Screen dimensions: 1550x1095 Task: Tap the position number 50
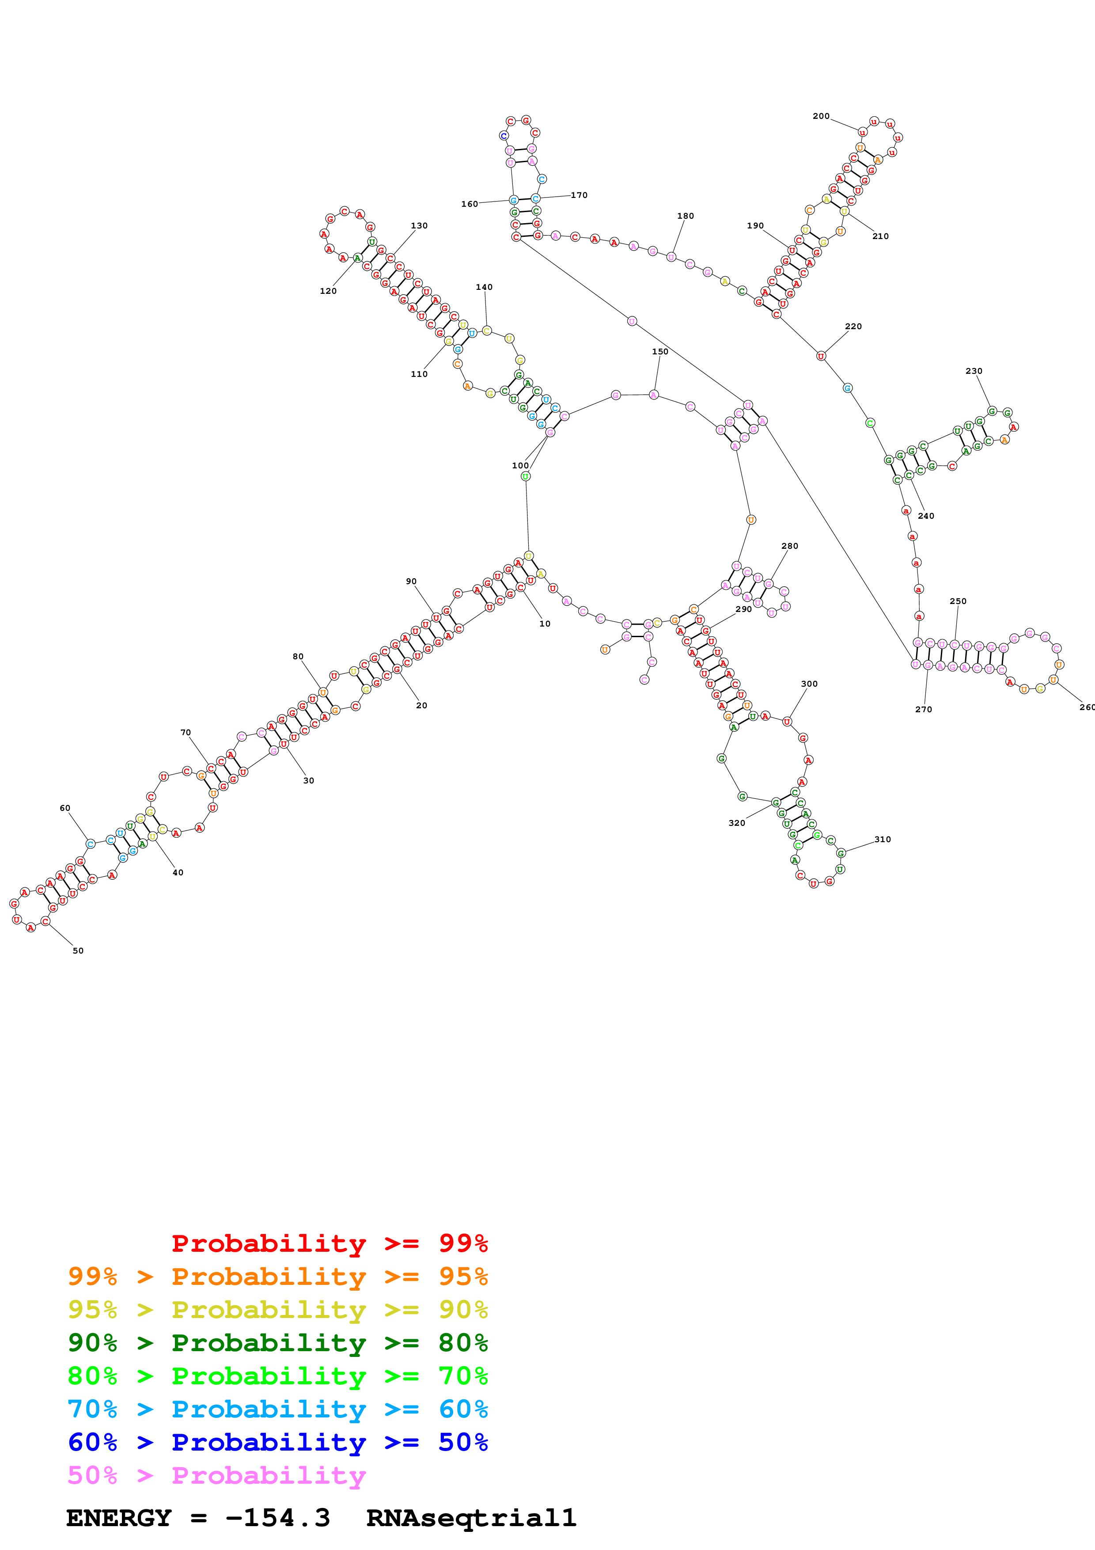78,950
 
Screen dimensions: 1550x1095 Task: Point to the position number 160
470,204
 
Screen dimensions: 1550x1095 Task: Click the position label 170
579,195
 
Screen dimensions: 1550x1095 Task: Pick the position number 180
686,216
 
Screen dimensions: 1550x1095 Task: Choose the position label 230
974,371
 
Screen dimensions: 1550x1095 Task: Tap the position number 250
958,601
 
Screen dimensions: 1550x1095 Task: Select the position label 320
737,823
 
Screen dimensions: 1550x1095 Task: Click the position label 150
660,352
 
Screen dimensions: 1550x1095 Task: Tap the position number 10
545,624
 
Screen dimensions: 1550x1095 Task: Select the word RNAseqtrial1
471,1518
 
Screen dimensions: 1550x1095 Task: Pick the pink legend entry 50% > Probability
216,1476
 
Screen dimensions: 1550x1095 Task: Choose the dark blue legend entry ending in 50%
277,1443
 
